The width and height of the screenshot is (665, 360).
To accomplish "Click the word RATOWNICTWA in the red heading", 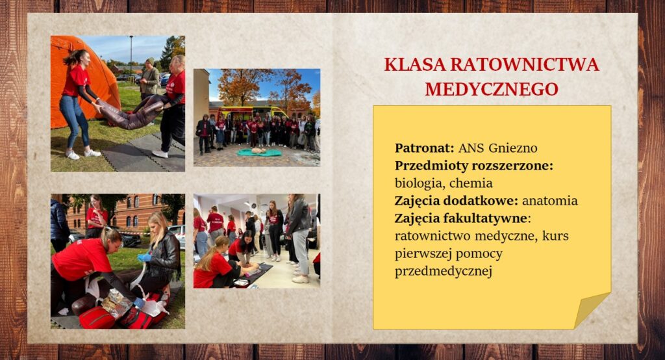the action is click(525, 64).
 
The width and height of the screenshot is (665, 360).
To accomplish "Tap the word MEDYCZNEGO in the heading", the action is click(492, 89).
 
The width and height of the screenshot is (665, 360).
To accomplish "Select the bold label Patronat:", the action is click(425, 148).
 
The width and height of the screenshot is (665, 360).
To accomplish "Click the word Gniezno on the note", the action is click(513, 148).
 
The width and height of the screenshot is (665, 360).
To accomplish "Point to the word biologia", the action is click(419, 183).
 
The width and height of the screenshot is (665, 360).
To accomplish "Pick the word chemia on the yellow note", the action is click(471, 183).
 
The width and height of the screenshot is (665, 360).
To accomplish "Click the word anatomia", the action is click(549, 200).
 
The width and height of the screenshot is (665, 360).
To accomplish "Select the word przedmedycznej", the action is click(443, 271).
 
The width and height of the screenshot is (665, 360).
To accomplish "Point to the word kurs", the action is click(555, 236).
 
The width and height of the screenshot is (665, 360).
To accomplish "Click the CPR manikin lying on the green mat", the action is click(258, 151).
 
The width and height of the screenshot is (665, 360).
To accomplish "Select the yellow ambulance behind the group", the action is click(247, 112).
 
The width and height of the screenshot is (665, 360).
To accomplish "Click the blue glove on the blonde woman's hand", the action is click(144, 257).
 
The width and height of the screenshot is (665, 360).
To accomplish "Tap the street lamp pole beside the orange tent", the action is click(131, 55).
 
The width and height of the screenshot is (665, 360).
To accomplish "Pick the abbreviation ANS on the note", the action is click(471, 148).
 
